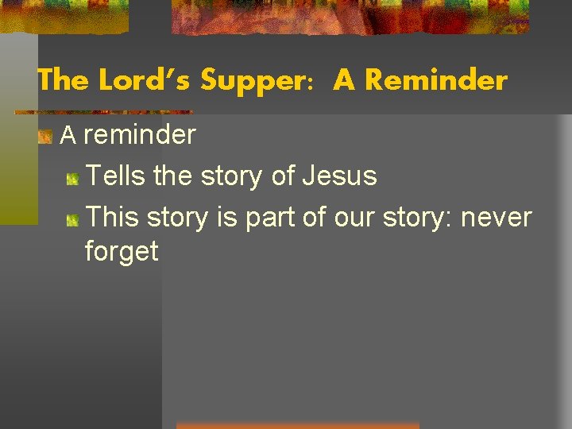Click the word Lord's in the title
click(145, 80)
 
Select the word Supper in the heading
click(249, 80)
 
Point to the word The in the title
click(64, 80)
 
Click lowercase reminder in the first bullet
click(139, 135)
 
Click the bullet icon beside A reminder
click(46, 137)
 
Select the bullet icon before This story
click(72, 218)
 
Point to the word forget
click(122, 251)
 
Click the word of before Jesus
click(283, 176)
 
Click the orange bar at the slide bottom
click(297, 425)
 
